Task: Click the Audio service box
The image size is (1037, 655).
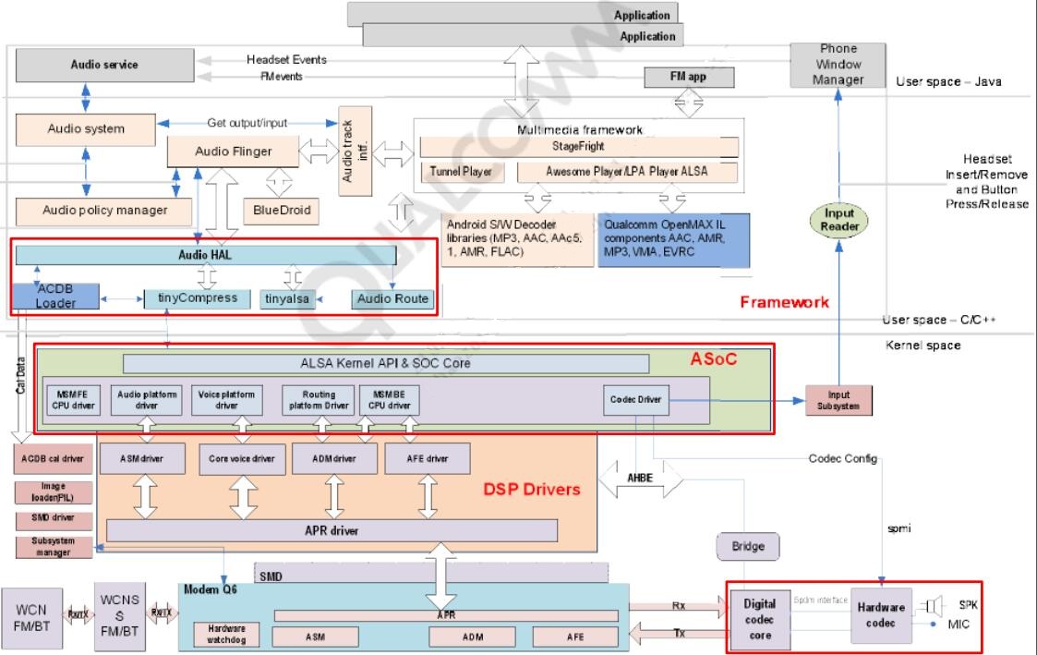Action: point(104,66)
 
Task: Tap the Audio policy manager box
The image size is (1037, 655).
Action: point(105,210)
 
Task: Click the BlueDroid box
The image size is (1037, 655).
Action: point(282,211)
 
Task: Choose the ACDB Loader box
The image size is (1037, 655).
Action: point(55,296)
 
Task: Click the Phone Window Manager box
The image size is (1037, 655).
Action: point(838,65)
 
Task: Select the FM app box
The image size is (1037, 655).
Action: point(688,78)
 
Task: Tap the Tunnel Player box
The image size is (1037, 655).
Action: point(462,172)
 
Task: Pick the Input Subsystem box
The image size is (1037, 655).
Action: point(838,400)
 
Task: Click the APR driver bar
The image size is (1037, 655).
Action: point(332,530)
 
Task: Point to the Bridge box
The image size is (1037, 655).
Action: point(748,547)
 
